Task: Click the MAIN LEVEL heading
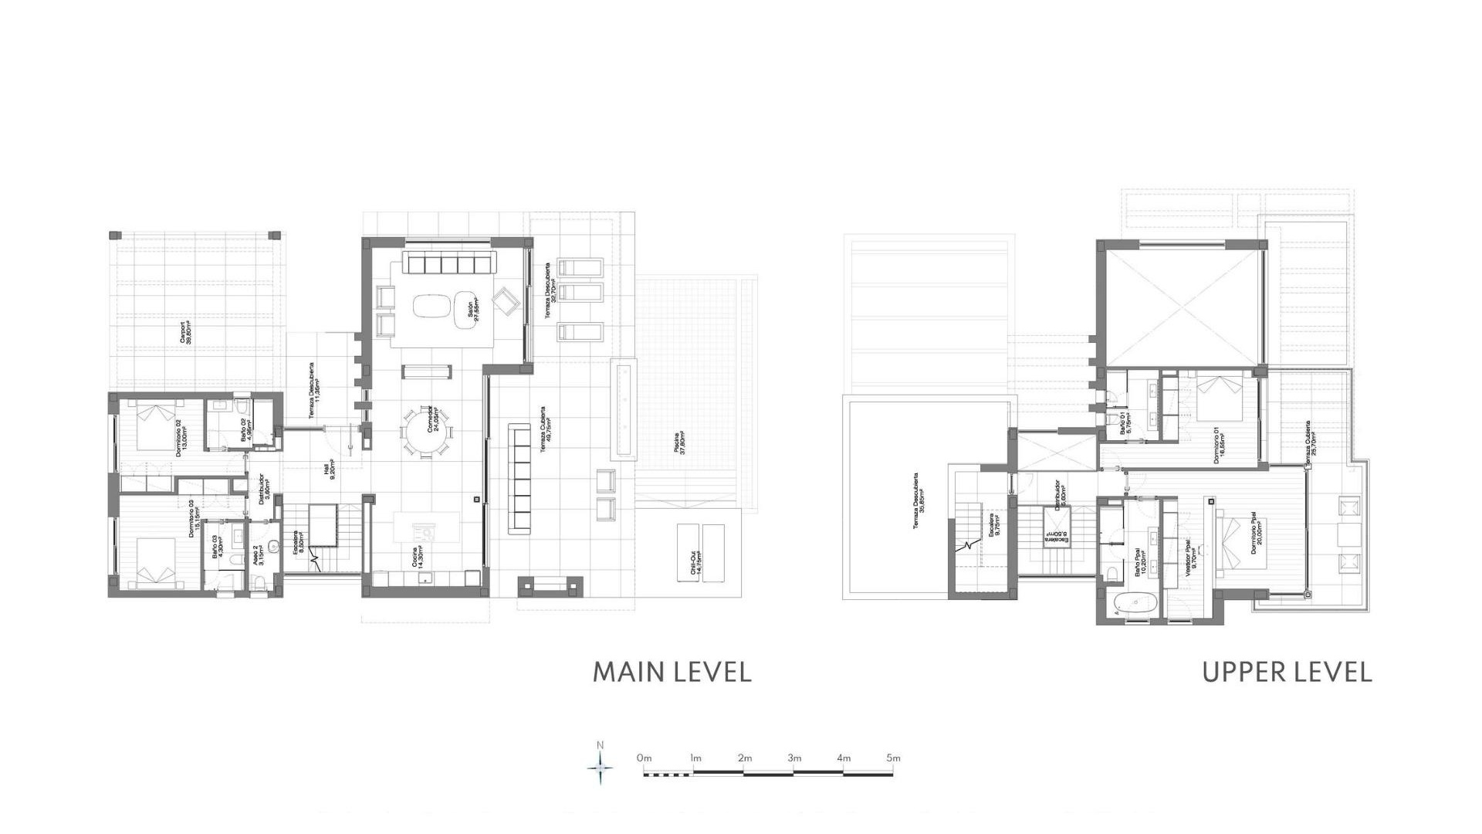click(672, 672)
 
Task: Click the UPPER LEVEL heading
click(1287, 672)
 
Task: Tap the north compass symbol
click(601, 768)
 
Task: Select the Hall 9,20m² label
click(330, 471)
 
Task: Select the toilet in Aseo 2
click(262, 581)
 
